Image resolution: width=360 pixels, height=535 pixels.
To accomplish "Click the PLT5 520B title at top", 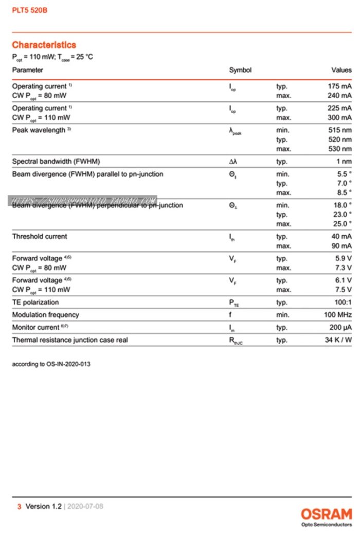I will pos(30,10).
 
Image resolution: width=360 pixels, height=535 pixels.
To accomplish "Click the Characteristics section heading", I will pos(44,45).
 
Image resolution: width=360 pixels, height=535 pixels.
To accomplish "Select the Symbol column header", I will pos(240,70).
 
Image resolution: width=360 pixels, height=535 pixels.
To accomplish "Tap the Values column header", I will pos(341,70).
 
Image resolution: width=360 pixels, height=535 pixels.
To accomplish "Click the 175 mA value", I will pos(339,86).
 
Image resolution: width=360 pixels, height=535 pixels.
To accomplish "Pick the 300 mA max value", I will pos(339,118).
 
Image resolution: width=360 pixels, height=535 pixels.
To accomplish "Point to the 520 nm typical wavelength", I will pos(340,139).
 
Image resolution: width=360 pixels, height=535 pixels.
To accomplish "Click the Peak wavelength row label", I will pos(39,130).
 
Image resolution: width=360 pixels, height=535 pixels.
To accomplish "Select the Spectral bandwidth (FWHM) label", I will pos(56,162).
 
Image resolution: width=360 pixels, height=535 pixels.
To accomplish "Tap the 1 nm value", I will pos(344,162).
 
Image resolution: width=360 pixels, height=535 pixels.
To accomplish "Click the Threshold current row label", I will pos(40,237).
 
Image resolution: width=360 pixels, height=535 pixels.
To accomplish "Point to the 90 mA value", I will pos(341,246).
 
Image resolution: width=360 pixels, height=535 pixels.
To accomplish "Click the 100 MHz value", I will pos(338,315).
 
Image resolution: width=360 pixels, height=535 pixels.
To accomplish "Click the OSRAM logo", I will pos(327,514).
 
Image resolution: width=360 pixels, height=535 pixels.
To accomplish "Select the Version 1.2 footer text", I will pos(44,506).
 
